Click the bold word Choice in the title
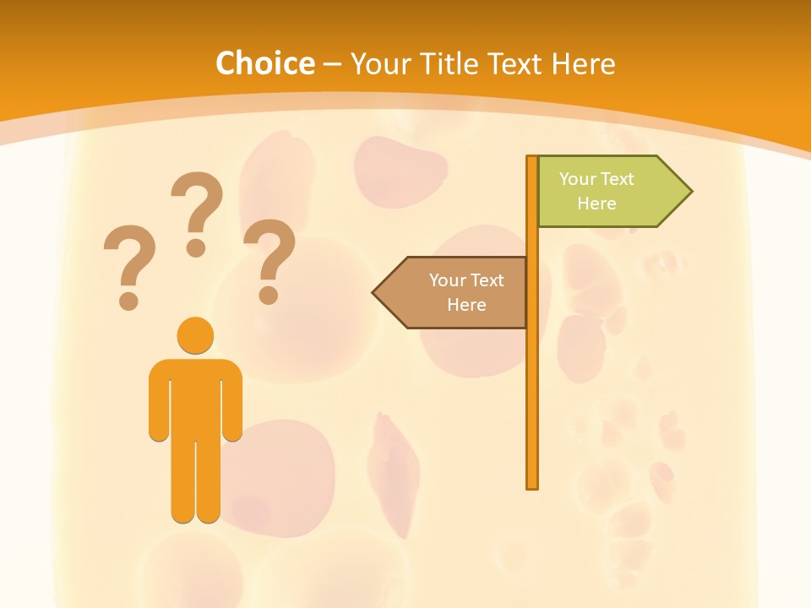(x=264, y=63)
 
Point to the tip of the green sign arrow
(x=690, y=192)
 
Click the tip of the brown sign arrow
(x=374, y=292)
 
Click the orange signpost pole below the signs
(x=532, y=405)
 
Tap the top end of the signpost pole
(x=532, y=158)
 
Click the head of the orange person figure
(x=195, y=335)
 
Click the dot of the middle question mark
(x=197, y=247)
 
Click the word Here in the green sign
(x=596, y=204)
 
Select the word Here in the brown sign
(x=466, y=305)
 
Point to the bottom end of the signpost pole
(x=532, y=486)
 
